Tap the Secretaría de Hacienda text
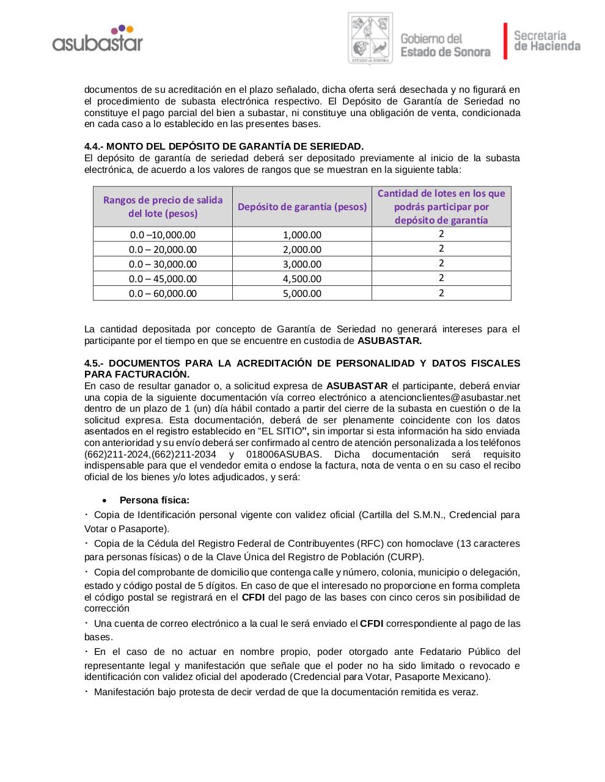(546, 41)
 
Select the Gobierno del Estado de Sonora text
(445, 46)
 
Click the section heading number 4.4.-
(94, 147)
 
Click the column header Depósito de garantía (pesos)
(302, 206)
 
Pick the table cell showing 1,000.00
(302, 235)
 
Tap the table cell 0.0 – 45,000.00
(163, 279)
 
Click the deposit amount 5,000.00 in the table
(302, 293)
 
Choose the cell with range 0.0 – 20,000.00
(163, 249)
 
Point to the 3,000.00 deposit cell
(302, 264)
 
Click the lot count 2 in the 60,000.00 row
(441, 293)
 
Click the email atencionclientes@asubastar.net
(449, 397)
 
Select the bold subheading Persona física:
(155, 500)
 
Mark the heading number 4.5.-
(94, 364)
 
